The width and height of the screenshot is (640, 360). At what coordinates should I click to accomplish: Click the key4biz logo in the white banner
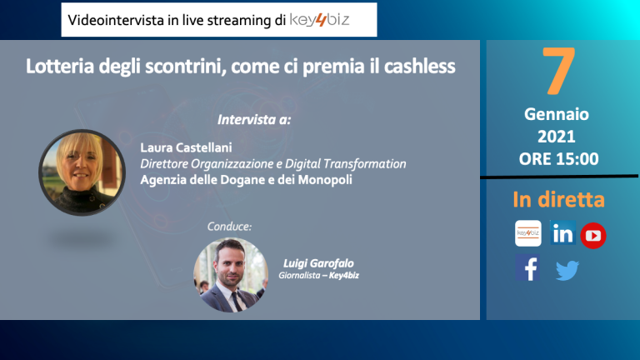coord(319,20)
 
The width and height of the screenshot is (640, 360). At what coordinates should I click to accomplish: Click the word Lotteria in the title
coord(60,66)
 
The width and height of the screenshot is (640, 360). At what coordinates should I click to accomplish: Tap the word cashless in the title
coord(420,66)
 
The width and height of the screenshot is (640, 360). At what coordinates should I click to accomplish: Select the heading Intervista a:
coord(254,120)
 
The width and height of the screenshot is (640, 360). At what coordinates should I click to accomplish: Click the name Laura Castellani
coord(186,147)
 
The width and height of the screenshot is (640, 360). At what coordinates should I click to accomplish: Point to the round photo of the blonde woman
coord(82,172)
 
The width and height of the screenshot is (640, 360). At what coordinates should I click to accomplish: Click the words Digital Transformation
coord(345,163)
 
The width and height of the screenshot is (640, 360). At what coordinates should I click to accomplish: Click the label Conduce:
coord(229,226)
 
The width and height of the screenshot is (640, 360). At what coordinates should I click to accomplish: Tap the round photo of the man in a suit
coord(231,275)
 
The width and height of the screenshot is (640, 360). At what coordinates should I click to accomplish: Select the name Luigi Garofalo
coord(318,263)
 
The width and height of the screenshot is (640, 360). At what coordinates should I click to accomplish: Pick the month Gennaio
coord(557,114)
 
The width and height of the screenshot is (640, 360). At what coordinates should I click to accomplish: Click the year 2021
coord(557,137)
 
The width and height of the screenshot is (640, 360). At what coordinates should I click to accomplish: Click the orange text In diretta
coord(559,199)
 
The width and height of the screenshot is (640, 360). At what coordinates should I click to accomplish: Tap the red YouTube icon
coord(593,236)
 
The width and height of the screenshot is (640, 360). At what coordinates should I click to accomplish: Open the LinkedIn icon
coord(562,232)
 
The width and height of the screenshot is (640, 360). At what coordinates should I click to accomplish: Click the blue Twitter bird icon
coord(567,270)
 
